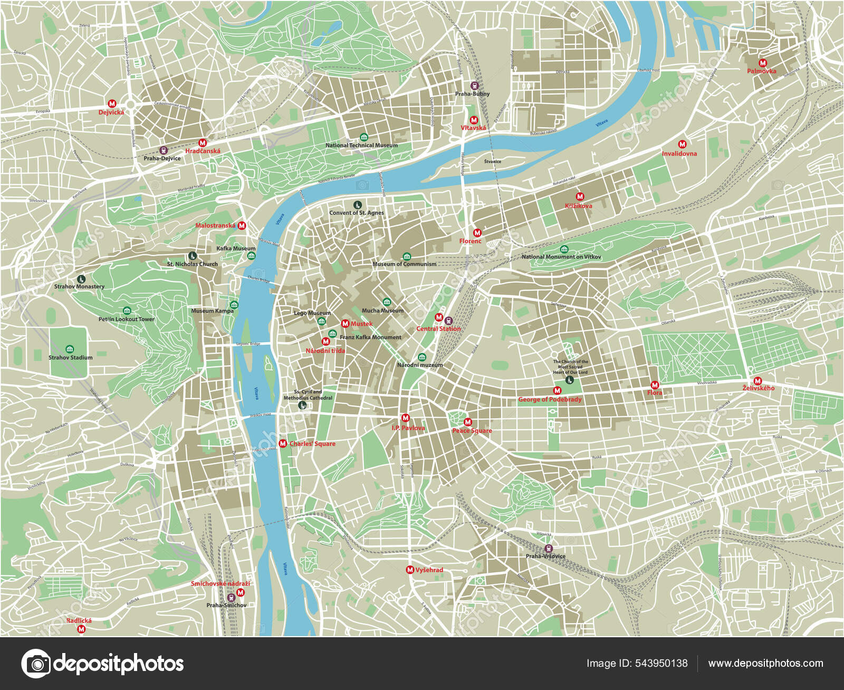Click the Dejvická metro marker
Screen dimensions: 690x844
pos(112,104)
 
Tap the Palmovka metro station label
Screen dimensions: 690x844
pos(761,71)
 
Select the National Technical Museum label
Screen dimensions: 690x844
pos(361,145)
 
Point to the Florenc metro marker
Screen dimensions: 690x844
pos(477,233)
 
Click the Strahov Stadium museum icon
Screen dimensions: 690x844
pos(70,349)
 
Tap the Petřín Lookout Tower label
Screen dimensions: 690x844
pos(126,319)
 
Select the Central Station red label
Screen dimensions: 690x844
pos(438,328)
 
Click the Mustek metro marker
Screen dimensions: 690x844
pos(345,324)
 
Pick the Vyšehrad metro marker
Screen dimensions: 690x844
pos(410,570)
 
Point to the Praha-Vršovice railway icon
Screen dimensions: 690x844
pos(549,548)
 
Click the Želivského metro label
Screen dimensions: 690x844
pos(758,388)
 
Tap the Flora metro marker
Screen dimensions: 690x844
pos(655,385)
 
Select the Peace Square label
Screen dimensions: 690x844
pos(472,431)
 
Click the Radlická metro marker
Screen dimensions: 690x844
pos(81,629)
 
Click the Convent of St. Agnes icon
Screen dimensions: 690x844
pos(357,205)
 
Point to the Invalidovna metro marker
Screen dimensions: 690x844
pos(682,144)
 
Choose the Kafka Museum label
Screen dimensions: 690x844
pos(235,248)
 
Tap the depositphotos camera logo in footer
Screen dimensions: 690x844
pos(36,663)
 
